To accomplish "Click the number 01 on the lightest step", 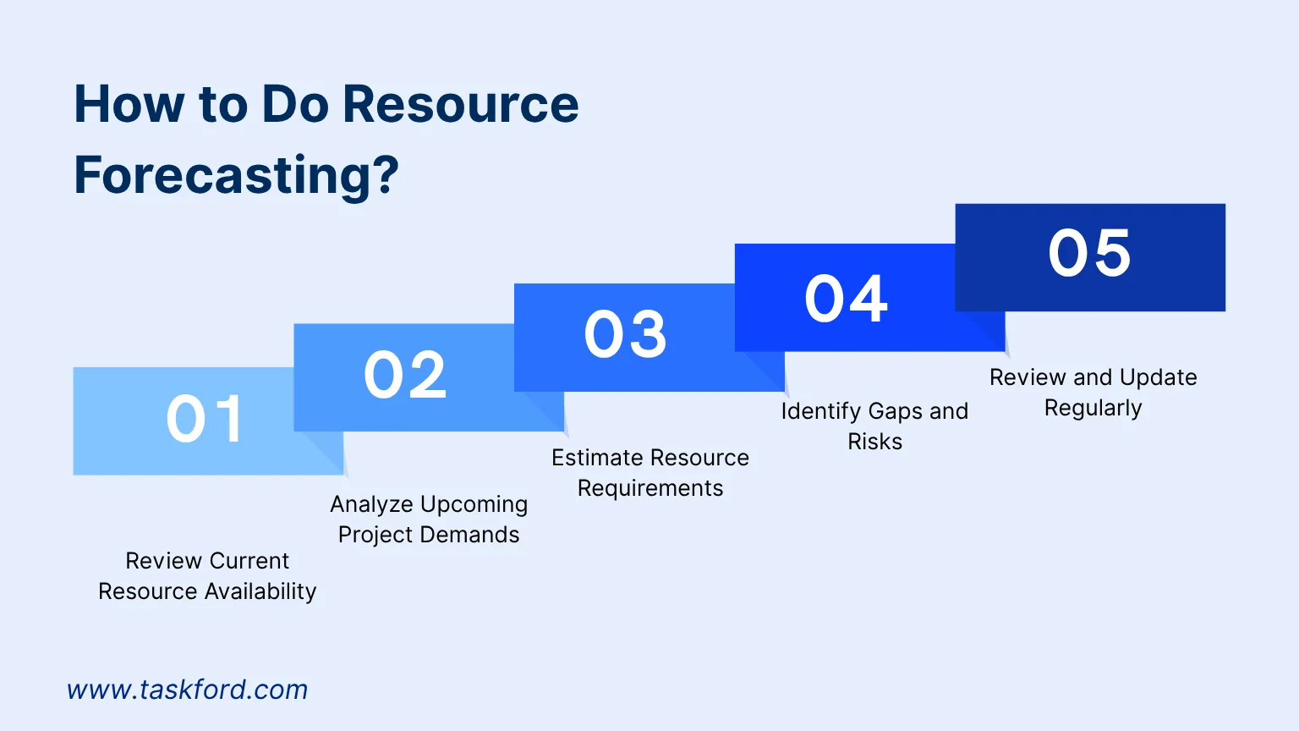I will (x=205, y=419).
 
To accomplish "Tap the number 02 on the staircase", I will (x=405, y=375).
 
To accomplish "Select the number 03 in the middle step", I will (x=625, y=333).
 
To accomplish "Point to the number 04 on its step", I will (x=846, y=299).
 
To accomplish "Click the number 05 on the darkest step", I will (x=1089, y=253).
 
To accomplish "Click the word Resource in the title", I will (x=461, y=105).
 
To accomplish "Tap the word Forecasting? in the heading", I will (x=236, y=175).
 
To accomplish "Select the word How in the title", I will (x=129, y=105).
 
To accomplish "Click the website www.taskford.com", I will (x=187, y=690).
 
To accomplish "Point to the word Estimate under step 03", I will (x=597, y=458).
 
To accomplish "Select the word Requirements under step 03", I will (x=649, y=488).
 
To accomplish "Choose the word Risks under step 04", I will (x=874, y=442).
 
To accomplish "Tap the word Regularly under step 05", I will (x=1093, y=408).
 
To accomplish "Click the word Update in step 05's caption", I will (x=1158, y=377).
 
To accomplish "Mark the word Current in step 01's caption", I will (x=249, y=561).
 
